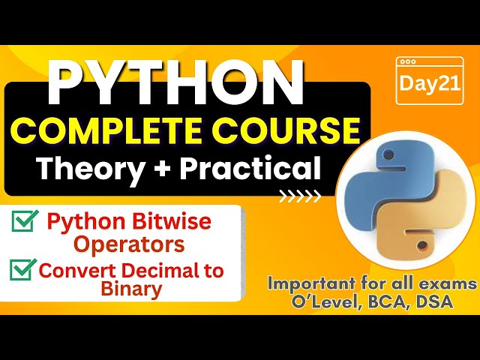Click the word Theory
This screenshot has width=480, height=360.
87,168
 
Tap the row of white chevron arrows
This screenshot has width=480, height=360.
300,198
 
